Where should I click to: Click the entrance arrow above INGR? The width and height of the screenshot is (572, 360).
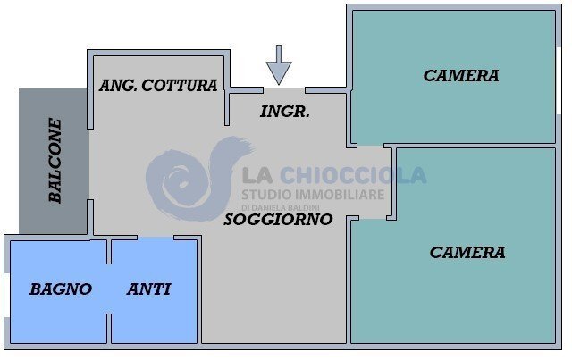279,64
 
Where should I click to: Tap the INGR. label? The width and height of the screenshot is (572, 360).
285,113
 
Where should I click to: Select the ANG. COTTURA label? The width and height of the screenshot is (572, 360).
158,86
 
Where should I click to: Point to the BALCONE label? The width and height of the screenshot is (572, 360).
55,161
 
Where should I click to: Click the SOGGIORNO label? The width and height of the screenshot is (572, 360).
278,219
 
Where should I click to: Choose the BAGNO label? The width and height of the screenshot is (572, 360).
61,289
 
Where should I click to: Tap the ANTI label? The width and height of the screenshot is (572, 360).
149,289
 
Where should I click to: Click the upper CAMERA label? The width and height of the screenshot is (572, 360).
461,76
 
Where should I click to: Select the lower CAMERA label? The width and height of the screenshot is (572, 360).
467,253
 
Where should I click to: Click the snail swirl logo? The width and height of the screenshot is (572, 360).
192,179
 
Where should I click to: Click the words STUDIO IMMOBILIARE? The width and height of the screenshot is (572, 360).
313,194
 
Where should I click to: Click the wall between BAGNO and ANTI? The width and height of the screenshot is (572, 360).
108,295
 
